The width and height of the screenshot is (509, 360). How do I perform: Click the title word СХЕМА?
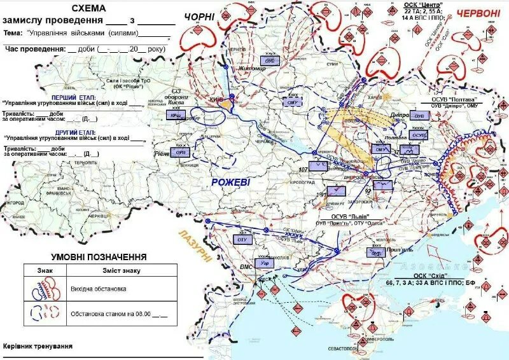click(x=89, y=9)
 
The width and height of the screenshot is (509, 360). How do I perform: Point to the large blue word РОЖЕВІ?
click(x=232, y=183)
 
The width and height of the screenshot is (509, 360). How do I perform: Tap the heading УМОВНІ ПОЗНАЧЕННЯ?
click(x=99, y=257)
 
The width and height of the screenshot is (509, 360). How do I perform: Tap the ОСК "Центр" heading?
click(x=422, y=4)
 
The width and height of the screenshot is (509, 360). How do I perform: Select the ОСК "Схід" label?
click(x=429, y=275)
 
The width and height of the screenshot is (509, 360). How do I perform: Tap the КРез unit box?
click(x=174, y=116)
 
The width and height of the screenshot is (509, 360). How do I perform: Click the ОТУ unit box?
click(x=242, y=239)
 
